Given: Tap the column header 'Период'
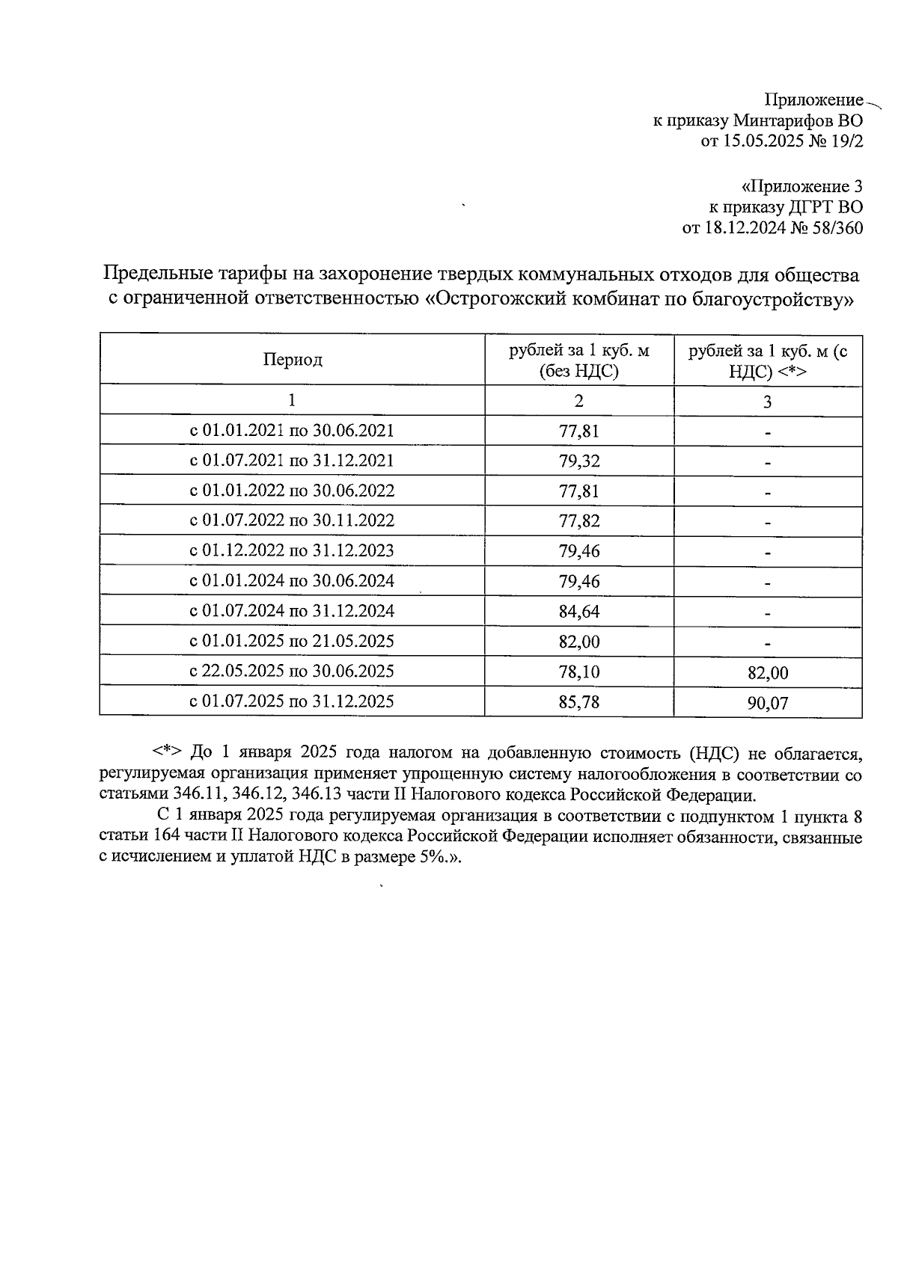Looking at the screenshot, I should (293, 360).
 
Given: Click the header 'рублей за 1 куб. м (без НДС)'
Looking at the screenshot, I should (579, 360).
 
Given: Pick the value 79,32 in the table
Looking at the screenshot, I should (579, 461).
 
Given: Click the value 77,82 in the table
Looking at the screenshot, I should (579, 521).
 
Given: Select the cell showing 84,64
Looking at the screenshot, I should (579, 612).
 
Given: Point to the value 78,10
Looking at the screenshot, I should (579, 672).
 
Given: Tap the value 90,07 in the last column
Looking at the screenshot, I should (768, 703).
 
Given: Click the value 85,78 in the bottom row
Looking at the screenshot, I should (579, 702).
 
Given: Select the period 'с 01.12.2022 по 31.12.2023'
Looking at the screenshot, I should (292, 551).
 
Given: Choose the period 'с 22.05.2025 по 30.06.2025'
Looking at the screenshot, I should (292, 671).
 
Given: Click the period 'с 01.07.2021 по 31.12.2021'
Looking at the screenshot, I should (292, 461).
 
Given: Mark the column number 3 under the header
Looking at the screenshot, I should (768, 402).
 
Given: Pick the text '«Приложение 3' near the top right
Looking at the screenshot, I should (801, 186).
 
